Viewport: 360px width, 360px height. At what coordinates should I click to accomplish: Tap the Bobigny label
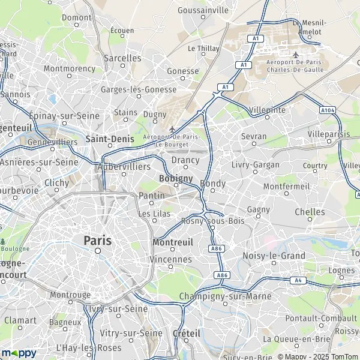tap(176, 178)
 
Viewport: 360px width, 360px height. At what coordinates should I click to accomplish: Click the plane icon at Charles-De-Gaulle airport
tap(295, 54)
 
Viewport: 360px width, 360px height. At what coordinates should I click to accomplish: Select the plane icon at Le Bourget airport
tap(173, 129)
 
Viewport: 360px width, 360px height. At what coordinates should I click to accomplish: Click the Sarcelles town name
tap(122, 58)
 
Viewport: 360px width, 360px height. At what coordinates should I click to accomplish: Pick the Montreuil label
tap(173, 242)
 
